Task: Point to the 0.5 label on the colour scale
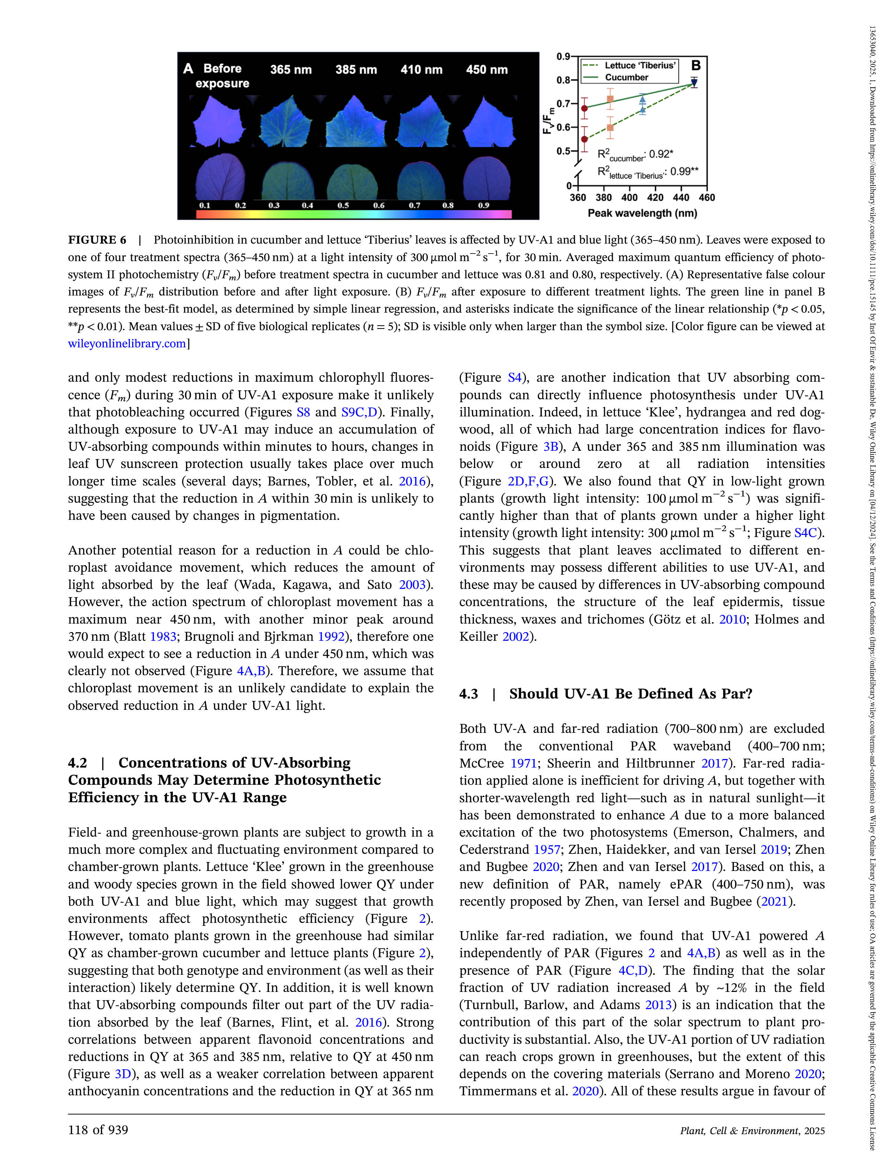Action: coord(343,205)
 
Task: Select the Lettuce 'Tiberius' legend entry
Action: coord(640,65)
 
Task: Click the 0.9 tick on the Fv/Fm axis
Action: coord(563,56)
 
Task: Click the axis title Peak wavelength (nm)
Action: coord(642,213)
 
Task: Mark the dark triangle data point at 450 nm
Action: coord(694,83)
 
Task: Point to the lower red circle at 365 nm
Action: coord(585,139)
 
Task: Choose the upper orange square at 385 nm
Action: coord(610,99)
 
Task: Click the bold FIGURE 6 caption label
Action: coord(97,240)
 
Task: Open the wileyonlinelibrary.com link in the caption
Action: coord(126,344)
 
